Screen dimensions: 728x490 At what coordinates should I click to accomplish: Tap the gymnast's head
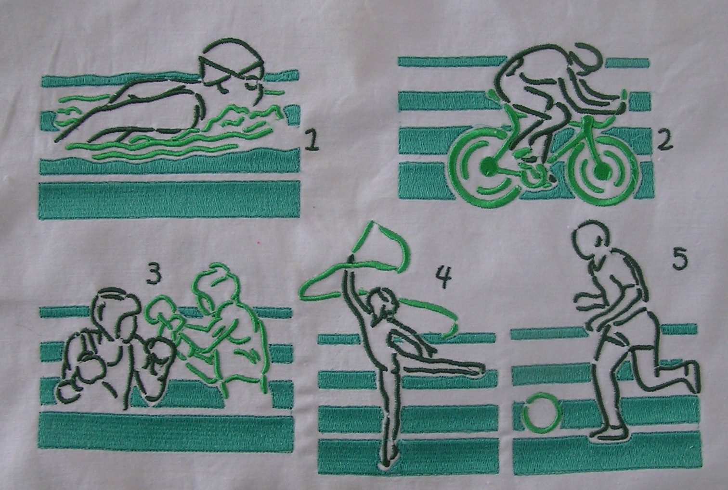[383, 303]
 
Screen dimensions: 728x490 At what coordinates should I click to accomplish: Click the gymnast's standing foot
[390, 454]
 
